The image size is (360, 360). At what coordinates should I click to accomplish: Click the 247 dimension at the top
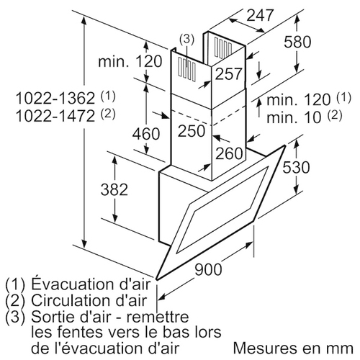click(260, 15)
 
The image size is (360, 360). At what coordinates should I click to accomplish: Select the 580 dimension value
click(297, 42)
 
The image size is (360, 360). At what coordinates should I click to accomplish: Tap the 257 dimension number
click(228, 73)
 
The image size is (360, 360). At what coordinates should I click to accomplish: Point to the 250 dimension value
click(192, 131)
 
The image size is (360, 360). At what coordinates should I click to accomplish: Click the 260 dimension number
click(229, 153)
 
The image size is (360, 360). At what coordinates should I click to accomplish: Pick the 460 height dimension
click(146, 134)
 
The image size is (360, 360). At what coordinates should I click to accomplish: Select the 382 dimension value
click(114, 189)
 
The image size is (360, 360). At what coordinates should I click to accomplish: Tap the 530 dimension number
click(296, 167)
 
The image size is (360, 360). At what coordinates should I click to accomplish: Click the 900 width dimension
click(208, 269)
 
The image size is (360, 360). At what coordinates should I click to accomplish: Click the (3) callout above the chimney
click(186, 39)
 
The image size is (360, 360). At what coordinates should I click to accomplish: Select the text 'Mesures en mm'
click(293, 348)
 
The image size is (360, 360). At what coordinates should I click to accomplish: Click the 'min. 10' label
click(294, 117)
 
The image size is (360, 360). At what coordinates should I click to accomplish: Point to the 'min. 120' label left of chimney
click(130, 61)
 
